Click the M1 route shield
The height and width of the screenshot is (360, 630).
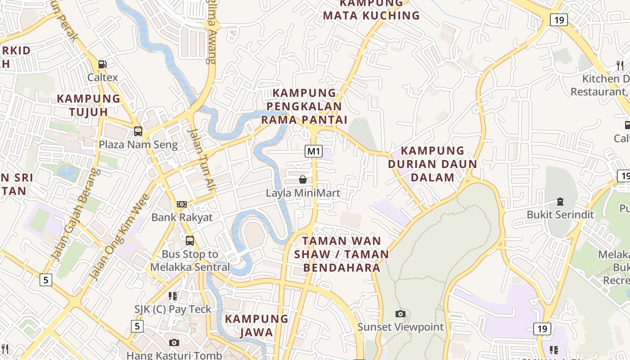pos(314,151)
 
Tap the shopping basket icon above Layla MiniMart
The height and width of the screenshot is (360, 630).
pos(303,180)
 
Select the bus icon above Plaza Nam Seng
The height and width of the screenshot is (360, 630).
pos(138,131)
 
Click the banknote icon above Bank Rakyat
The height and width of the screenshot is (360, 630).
pos(182,204)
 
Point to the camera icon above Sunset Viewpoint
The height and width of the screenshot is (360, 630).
pos(400,314)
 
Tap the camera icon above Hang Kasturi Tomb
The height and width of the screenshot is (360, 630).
pos(174,342)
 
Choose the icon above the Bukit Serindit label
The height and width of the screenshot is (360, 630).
pos(560,202)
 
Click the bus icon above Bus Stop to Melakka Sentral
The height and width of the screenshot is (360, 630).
pos(190,241)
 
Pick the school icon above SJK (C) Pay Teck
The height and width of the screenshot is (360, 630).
pos(173,296)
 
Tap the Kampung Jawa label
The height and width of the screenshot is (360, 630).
pos(256,325)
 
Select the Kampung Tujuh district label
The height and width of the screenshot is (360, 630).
pos(89,105)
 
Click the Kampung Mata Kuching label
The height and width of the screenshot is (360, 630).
pos(371,9)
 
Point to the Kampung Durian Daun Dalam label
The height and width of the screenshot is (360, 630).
pos(432,164)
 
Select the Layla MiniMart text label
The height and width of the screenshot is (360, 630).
pos(303,193)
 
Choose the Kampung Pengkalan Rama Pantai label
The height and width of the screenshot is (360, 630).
pos(305,106)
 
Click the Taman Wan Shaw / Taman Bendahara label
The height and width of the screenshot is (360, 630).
pos(342,254)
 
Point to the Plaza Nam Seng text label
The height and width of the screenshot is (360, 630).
pos(138,145)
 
